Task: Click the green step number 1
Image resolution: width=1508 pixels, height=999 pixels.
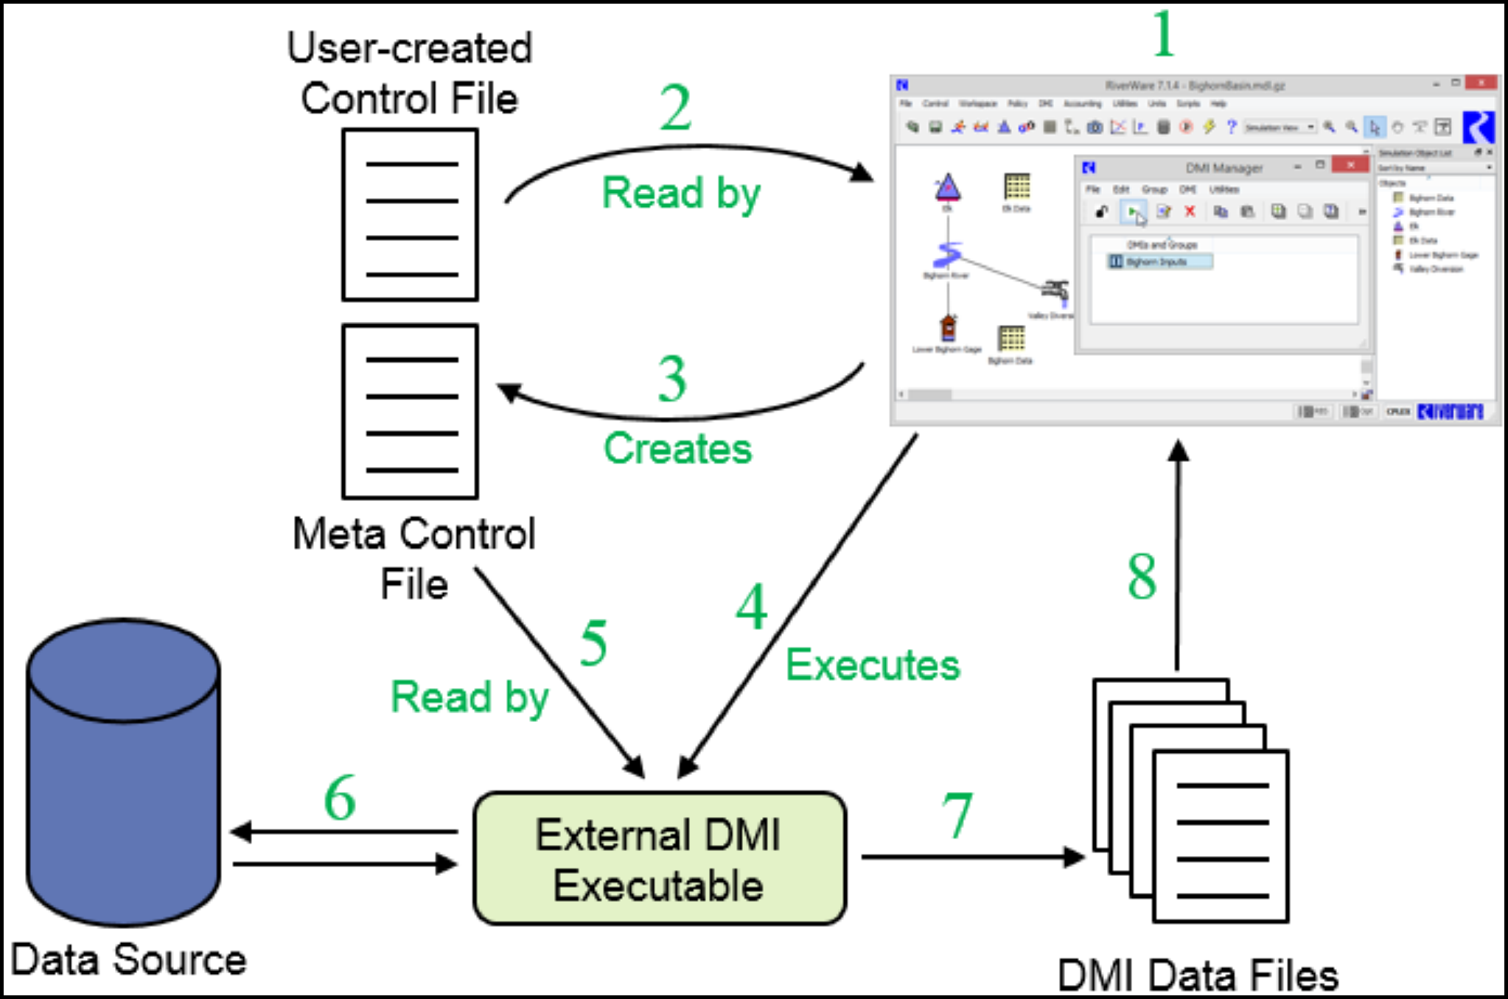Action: pos(1163,34)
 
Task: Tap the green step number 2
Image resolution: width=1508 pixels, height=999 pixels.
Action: pos(675,108)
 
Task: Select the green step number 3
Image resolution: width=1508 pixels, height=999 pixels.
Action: pos(672,379)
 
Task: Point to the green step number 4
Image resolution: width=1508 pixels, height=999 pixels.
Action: pos(751,608)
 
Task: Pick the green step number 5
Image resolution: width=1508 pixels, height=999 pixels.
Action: pos(593,643)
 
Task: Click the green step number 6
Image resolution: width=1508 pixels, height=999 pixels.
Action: pos(340,798)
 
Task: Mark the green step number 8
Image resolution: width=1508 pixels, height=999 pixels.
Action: pos(1142,576)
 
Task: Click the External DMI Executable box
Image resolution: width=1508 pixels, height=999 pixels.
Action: pos(659,859)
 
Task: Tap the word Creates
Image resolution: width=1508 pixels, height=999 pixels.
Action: pos(677,449)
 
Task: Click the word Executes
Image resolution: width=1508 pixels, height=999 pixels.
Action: pos(873,665)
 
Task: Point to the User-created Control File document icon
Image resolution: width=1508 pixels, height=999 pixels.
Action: pos(410,215)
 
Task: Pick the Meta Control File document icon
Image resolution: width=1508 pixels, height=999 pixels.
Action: pos(410,412)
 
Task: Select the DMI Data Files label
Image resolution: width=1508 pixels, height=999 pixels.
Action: pos(1198,976)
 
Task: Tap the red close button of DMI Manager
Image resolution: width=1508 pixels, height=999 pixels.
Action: pos(1350,165)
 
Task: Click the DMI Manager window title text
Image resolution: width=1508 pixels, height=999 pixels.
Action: pos(1224,169)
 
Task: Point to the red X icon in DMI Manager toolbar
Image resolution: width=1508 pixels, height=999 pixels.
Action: pos(1190,212)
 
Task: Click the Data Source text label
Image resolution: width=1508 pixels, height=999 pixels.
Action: pos(129,960)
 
